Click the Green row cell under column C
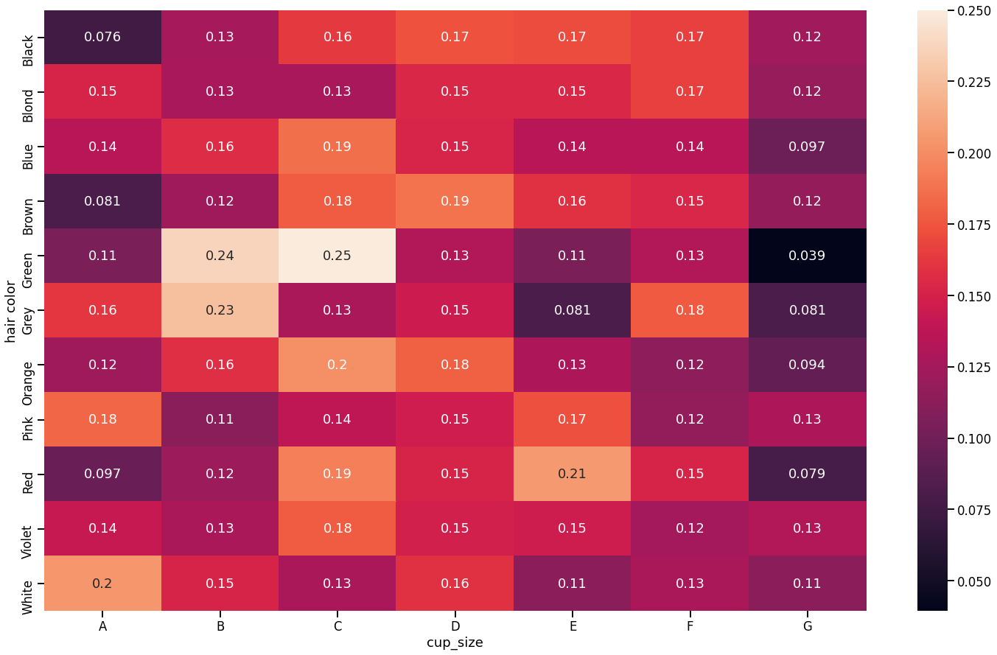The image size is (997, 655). [337, 256]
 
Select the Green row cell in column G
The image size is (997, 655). [808, 256]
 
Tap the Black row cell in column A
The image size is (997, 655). [102, 38]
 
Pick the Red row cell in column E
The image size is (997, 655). [573, 474]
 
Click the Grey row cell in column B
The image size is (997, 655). [220, 310]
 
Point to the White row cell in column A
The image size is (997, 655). [102, 583]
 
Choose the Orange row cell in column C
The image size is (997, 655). [337, 365]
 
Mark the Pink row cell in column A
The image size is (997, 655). [102, 419]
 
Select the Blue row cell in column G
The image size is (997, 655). [808, 147]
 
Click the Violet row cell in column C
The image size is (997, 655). [337, 528]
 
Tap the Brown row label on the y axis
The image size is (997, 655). [28, 201]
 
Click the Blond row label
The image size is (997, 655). [28, 92]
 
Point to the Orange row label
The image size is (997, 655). [28, 365]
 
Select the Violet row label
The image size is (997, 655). [28, 528]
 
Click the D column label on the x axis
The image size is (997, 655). [455, 626]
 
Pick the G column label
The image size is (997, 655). [808, 626]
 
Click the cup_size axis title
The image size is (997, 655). [455, 643]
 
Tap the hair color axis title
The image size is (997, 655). [10, 310]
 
